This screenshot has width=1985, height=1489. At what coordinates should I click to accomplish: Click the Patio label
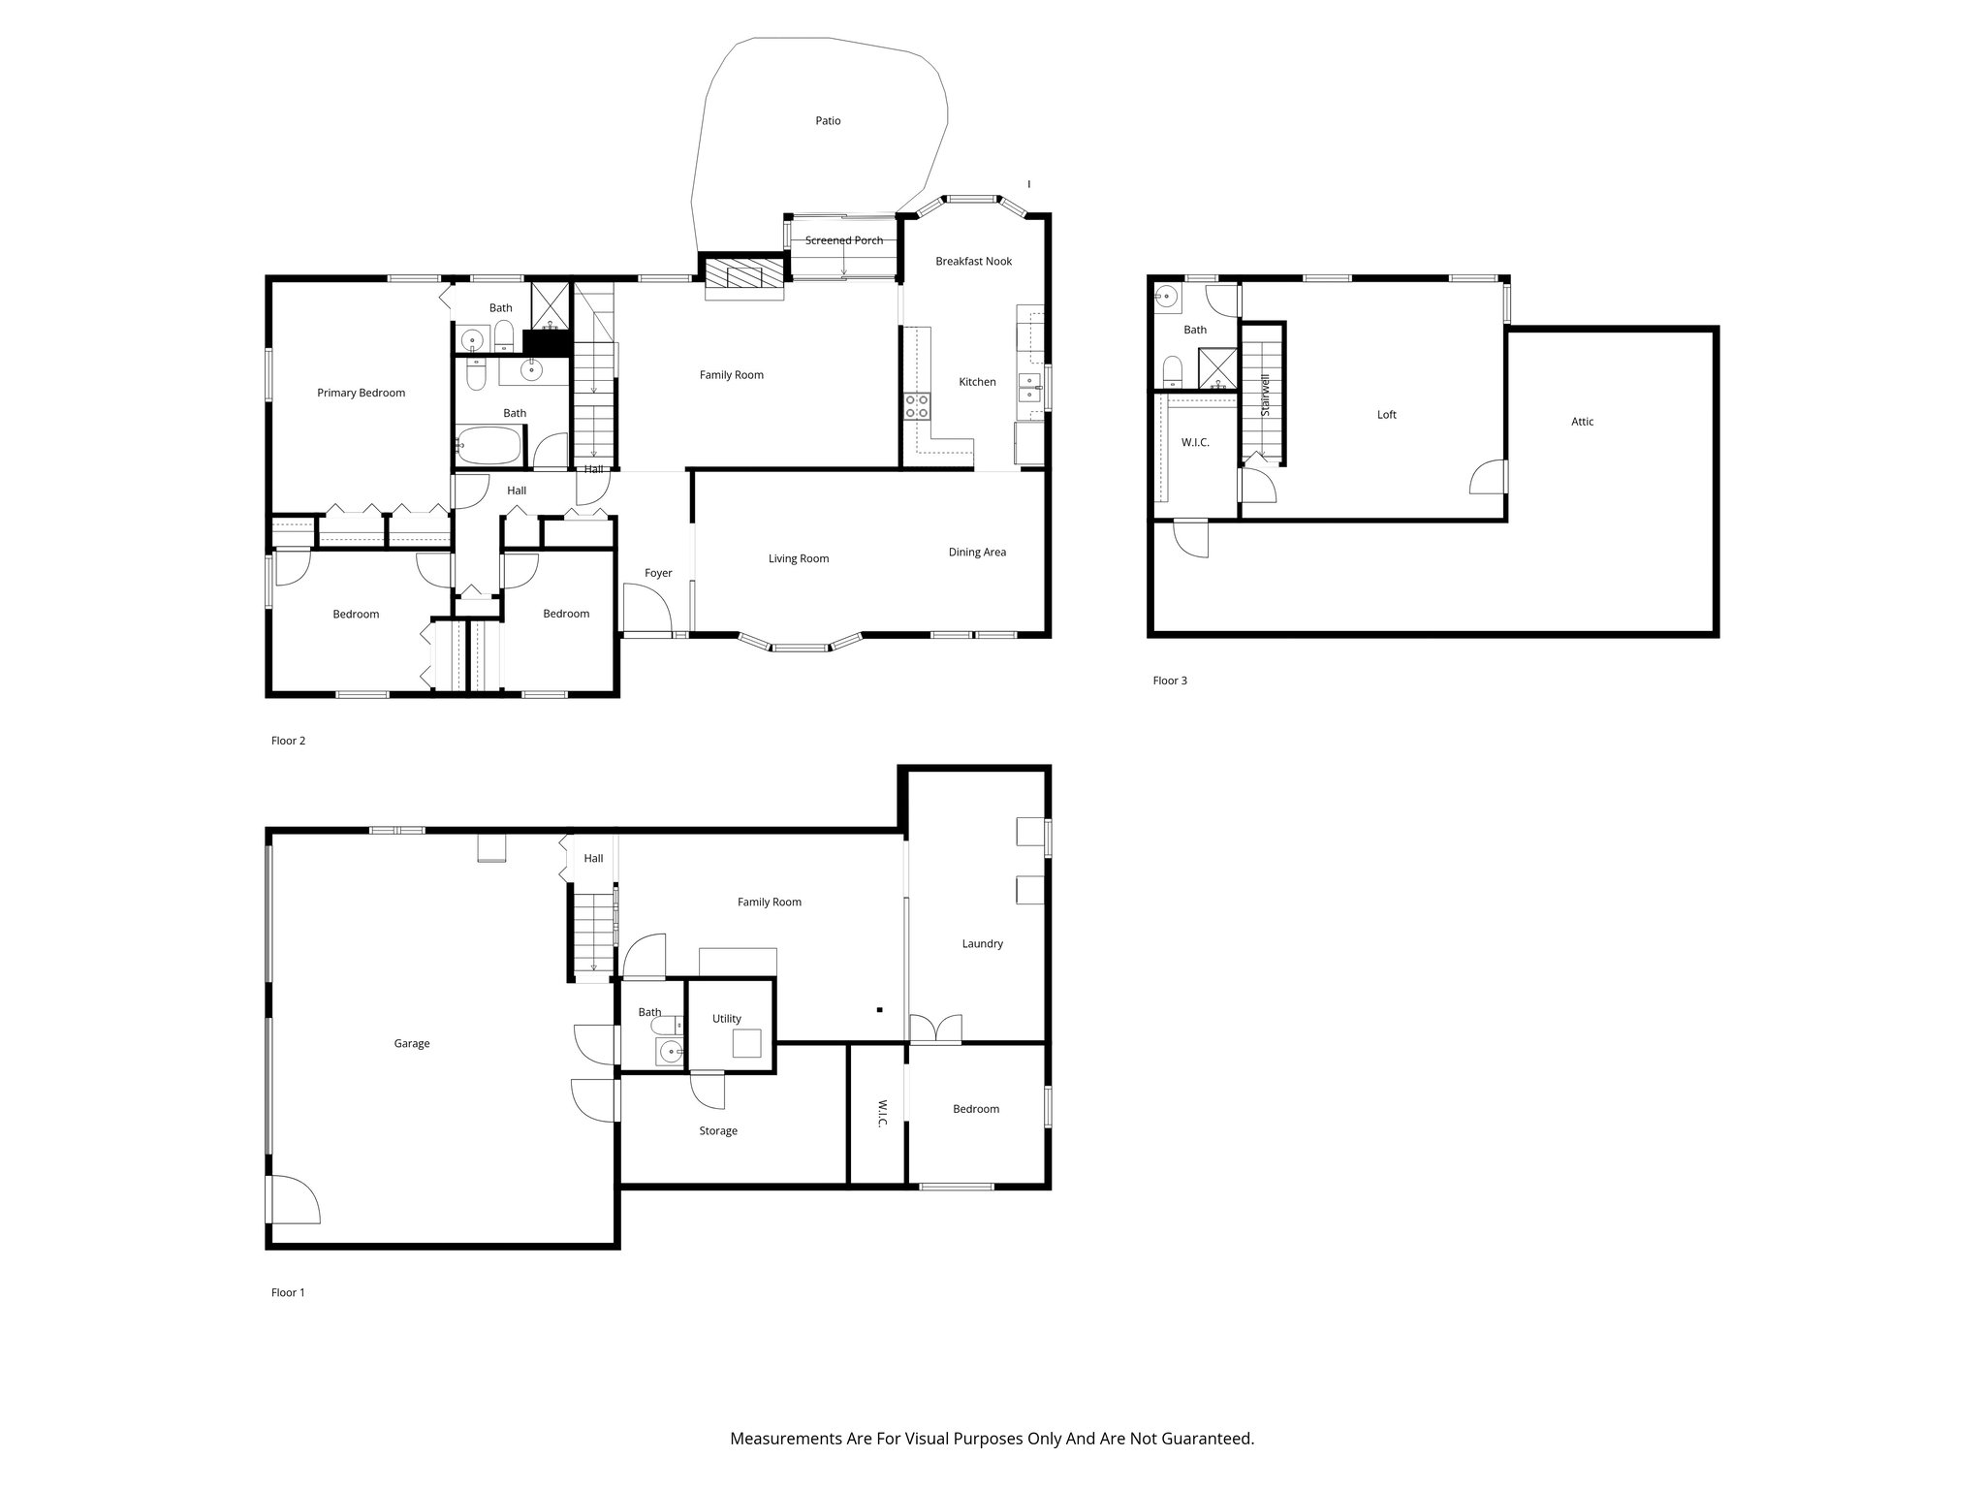(x=828, y=121)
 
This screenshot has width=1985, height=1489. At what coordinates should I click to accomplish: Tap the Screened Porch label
(x=843, y=240)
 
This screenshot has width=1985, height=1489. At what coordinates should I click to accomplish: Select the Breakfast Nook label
(x=973, y=262)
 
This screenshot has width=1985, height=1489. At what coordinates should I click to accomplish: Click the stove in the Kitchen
(x=917, y=406)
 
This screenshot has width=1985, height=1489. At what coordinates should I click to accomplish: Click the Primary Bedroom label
(x=361, y=393)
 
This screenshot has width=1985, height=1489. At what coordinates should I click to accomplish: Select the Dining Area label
(x=977, y=553)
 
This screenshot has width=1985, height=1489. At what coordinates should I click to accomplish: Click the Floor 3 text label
(x=1170, y=681)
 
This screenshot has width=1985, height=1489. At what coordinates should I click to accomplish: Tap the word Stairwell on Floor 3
(x=1265, y=396)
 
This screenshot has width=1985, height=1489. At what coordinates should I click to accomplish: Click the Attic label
(x=1582, y=422)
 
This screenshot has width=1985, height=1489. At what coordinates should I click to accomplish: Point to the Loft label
(x=1387, y=415)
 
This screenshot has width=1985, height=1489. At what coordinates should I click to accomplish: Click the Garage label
(x=412, y=1044)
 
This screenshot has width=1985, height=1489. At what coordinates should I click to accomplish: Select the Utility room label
(x=726, y=1019)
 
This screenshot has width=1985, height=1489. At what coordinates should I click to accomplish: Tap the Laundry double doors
(x=935, y=1030)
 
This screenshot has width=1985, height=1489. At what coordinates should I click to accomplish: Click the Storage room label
(x=718, y=1131)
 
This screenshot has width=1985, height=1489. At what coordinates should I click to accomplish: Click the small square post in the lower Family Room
(x=879, y=1010)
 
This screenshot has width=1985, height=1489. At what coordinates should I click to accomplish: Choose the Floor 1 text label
(x=288, y=1292)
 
